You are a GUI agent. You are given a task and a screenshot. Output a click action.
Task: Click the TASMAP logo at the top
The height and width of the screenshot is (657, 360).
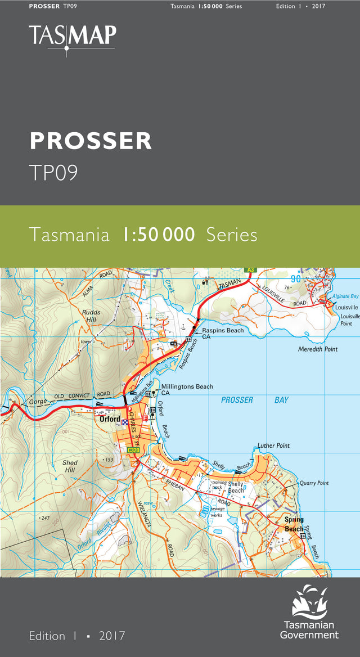[73, 37]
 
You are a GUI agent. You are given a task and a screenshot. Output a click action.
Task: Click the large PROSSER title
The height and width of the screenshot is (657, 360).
[91, 141]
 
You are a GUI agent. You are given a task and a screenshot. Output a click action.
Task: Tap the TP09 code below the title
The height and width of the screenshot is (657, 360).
[53, 173]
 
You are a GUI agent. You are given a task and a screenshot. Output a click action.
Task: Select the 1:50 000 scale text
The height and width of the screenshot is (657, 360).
[158, 234]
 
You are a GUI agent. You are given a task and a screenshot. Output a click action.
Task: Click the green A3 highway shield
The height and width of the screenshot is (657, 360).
[250, 270]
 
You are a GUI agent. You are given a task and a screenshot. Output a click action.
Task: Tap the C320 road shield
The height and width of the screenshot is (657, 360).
[133, 450]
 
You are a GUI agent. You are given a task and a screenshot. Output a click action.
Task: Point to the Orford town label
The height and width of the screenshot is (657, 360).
[109, 419]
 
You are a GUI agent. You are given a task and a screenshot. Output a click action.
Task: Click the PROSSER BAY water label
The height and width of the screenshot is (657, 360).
[254, 400]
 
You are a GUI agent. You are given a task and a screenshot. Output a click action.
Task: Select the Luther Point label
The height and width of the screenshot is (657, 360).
[273, 445]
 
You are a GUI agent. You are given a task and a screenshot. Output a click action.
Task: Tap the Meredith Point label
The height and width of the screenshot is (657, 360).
[318, 349]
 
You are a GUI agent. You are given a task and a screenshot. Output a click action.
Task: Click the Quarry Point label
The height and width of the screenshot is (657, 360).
[314, 483]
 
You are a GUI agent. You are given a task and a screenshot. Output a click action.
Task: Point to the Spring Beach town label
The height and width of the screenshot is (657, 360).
[294, 524]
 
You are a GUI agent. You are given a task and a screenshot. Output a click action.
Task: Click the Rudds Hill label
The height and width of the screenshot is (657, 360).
[91, 316]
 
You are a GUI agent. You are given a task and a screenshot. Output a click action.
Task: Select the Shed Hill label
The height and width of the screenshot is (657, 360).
[70, 466]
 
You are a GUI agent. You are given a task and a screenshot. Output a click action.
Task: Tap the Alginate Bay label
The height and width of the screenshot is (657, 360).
[345, 296]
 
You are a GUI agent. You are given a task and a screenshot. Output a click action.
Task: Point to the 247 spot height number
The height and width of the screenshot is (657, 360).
[45, 517]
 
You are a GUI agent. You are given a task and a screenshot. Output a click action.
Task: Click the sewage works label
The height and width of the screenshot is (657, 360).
[217, 511]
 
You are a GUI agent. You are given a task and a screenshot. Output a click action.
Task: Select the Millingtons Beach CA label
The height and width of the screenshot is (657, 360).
[187, 389]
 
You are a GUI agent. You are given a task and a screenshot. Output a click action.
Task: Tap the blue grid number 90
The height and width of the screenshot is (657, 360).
[296, 279]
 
